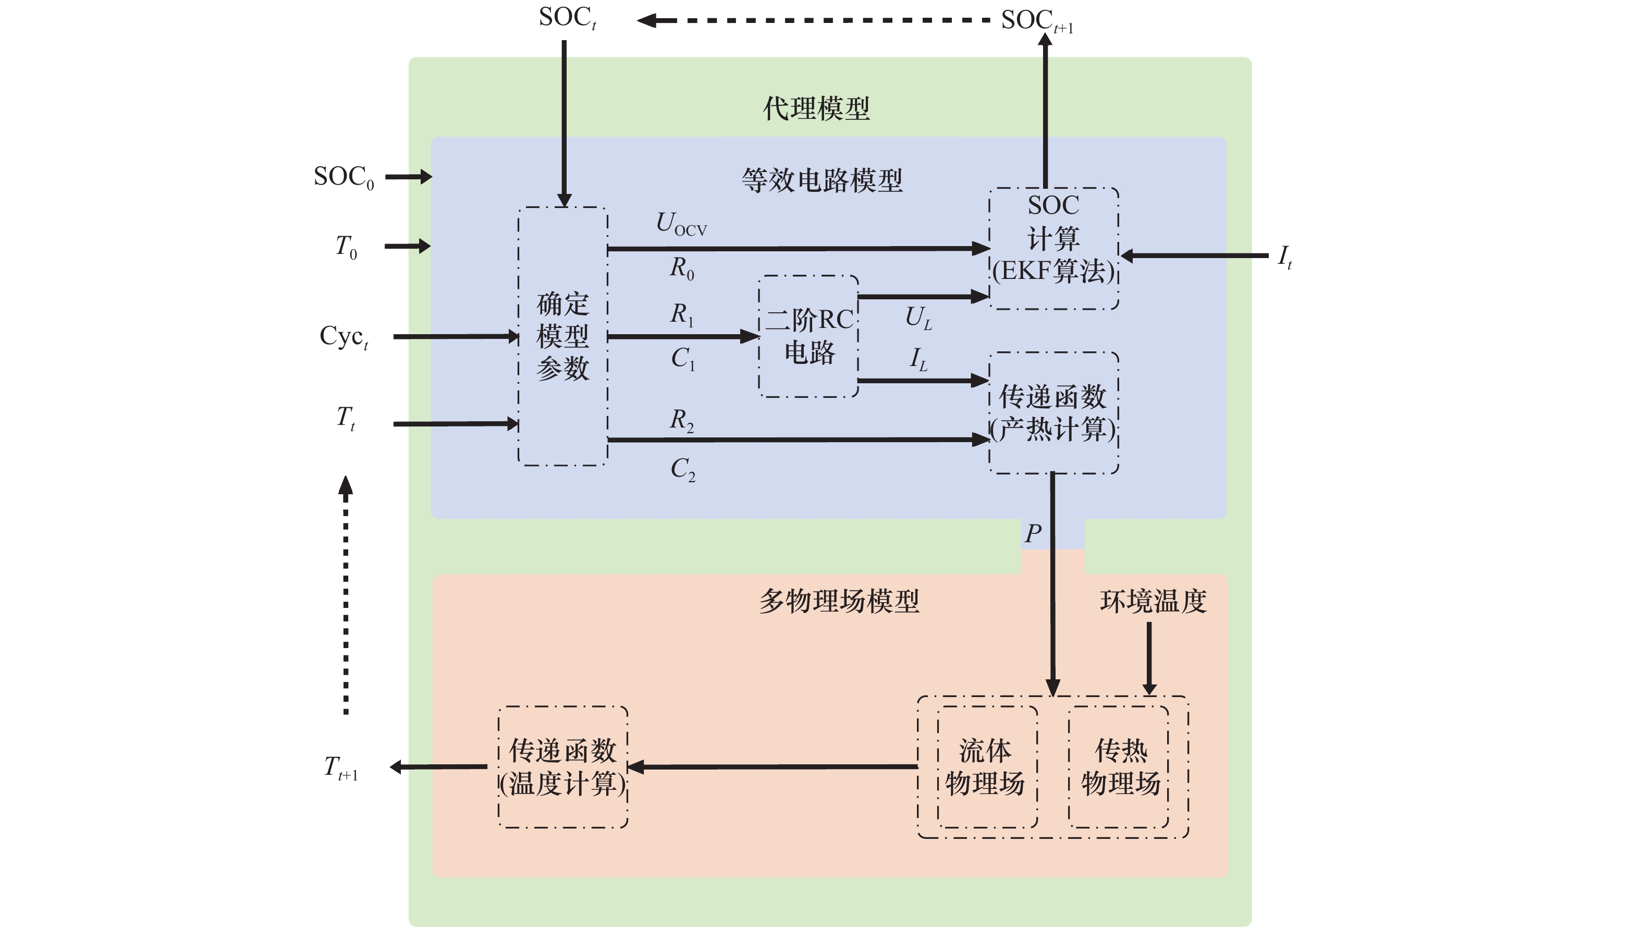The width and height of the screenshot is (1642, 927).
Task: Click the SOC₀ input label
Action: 344,177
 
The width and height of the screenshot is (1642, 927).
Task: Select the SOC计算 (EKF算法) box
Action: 1053,248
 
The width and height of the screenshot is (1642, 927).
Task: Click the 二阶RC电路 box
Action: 808,336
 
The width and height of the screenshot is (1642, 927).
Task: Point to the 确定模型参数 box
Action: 563,336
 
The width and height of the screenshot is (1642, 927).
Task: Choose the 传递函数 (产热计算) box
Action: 1053,412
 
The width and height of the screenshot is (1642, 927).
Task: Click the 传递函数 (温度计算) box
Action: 563,767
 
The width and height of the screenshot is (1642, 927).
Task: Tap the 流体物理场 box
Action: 985,767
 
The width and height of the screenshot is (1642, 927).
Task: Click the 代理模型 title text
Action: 816,108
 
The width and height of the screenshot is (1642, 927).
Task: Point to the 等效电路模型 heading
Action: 822,180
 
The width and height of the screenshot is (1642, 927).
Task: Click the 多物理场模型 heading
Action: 839,601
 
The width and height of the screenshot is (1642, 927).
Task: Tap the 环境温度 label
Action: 1153,601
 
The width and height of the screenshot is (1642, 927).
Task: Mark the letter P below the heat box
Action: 1033,533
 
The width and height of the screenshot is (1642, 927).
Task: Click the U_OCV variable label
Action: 681,224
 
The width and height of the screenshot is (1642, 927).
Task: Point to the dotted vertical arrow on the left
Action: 346,596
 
